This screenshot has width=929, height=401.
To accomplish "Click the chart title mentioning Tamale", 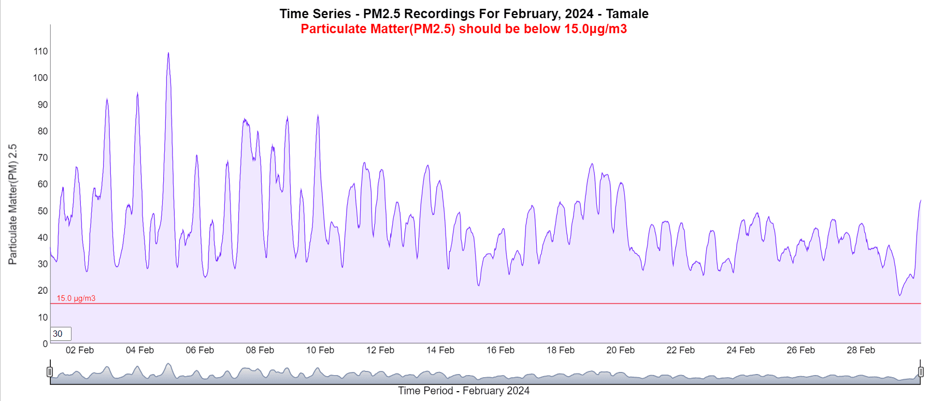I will point(464,13).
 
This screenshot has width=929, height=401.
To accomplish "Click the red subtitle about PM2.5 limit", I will point(464,28).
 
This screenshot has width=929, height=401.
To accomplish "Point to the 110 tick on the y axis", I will point(40,51).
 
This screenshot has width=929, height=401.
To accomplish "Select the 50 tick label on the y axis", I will point(42,211).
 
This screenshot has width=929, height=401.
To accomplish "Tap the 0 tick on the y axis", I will point(45,343).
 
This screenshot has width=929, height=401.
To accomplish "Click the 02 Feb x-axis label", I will point(80,350).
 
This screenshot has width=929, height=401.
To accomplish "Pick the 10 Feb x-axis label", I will point(320,350).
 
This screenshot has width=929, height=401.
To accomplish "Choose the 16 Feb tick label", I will point(501,350).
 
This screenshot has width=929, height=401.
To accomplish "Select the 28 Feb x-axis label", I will point(861,350).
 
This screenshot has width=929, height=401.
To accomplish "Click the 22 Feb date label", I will point(680,350).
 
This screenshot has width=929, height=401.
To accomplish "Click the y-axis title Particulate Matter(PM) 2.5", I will point(12,204).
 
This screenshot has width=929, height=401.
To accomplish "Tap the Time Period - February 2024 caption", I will point(464,391).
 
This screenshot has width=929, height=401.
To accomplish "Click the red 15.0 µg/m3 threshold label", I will point(76,298).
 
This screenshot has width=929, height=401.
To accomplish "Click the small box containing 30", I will point(61,334).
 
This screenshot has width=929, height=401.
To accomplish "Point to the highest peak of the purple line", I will point(168,53).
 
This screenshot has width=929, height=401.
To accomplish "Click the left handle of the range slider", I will point(50,371).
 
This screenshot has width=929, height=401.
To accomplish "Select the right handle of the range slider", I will point(921,371).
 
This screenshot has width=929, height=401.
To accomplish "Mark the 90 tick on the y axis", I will point(42,105).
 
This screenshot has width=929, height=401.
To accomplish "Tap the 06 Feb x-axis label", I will point(200,350).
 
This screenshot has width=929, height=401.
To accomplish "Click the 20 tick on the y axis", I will point(42,291).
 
